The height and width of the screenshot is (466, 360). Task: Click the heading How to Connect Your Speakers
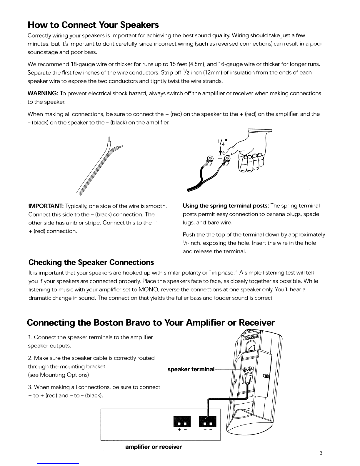93,25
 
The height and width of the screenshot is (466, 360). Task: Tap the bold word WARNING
43,93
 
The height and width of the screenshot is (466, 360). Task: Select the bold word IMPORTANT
46,206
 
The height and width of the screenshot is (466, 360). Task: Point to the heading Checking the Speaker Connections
91,262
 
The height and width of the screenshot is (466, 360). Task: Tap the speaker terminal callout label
191,369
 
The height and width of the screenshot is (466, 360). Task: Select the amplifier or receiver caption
154,447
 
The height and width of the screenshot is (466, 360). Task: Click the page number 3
321,453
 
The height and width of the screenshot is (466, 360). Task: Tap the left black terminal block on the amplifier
182,421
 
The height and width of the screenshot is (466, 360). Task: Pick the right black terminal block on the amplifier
208,421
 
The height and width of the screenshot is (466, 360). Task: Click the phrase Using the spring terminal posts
226,206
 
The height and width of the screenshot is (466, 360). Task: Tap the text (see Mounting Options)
58,375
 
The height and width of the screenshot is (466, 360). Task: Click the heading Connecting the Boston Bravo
151,323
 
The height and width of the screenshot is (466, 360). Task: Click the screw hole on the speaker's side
266,376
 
